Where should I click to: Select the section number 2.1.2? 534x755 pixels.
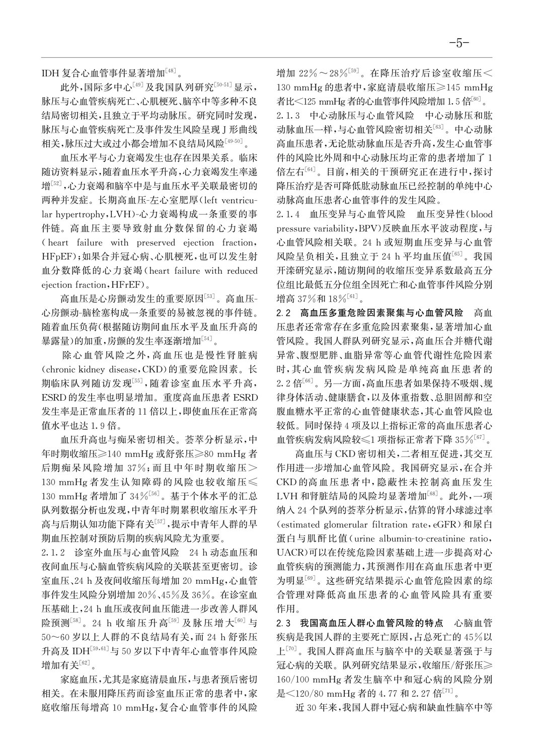[x=53, y=552]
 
